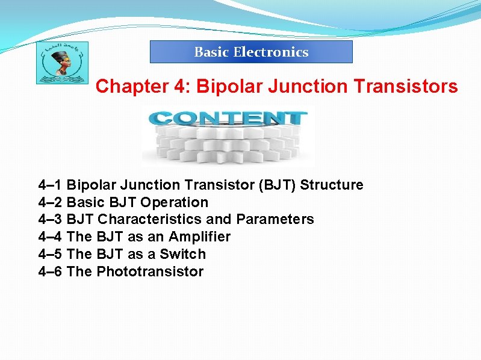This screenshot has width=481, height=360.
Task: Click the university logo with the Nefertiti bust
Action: pyautogui.click(x=61, y=62)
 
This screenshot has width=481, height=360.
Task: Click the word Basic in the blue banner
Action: pyautogui.click(x=211, y=52)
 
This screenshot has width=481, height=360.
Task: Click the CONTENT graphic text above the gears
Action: pyautogui.click(x=228, y=118)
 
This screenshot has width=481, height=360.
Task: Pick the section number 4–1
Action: pyautogui.click(x=51, y=185)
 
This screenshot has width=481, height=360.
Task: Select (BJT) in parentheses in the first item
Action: pyautogui.click(x=277, y=185)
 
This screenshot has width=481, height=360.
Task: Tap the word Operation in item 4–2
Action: pyautogui.click(x=175, y=202)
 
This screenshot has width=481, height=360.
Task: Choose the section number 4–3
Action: pyautogui.click(x=51, y=219)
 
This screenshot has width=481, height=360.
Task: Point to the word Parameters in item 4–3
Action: pyautogui.click(x=275, y=219)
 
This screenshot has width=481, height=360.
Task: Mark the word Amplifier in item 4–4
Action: pyautogui.click(x=200, y=237)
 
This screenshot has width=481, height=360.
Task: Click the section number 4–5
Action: pyautogui.click(x=51, y=254)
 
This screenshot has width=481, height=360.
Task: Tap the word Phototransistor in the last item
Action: pyautogui.click(x=150, y=272)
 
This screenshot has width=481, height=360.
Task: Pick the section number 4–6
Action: pyautogui.click(x=51, y=272)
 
